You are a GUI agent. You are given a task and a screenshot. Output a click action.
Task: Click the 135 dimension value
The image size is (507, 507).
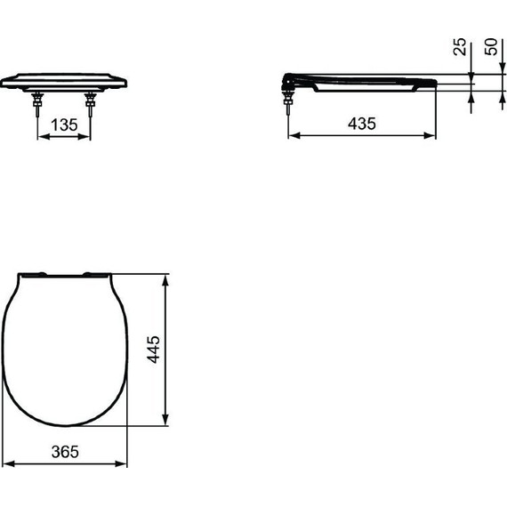[x=64, y=125]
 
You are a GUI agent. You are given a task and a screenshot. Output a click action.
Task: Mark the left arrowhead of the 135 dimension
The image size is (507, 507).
[x=40, y=137]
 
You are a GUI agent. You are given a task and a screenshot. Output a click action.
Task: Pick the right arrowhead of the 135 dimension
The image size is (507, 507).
[x=88, y=137]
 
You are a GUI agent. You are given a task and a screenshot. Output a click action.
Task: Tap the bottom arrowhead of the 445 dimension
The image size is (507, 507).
[x=165, y=423]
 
